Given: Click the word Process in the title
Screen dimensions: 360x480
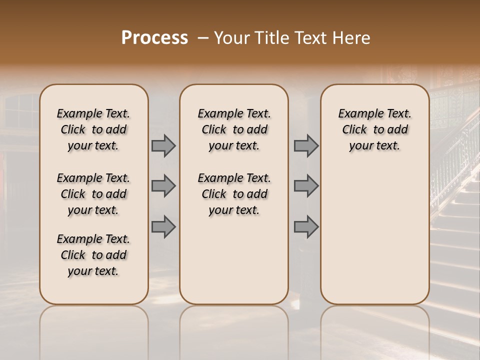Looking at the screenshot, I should click(154, 38).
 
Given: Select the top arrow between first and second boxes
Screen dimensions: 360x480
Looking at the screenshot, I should click(163, 146).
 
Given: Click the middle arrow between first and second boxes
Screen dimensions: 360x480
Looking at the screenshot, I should click(163, 186).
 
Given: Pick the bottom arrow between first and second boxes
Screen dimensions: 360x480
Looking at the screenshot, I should click(163, 227).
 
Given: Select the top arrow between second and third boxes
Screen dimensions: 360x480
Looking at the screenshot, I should click(306, 146).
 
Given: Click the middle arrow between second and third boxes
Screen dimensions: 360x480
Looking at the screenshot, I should click(306, 186).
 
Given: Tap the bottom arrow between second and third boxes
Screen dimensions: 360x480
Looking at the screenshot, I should click(306, 227).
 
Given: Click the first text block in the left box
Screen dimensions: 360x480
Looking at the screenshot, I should click(93, 129).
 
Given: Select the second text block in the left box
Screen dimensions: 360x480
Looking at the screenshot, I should click(93, 194).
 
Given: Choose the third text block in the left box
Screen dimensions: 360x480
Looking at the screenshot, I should click(93, 255).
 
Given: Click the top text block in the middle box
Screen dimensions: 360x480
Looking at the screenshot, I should click(234, 129).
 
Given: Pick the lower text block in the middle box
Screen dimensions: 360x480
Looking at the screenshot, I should click(234, 194).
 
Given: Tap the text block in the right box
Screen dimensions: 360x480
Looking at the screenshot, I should click(374, 129).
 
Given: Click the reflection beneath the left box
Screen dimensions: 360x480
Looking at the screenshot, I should click(93, 325).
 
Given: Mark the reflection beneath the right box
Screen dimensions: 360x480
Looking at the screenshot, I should click(374, 325).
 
